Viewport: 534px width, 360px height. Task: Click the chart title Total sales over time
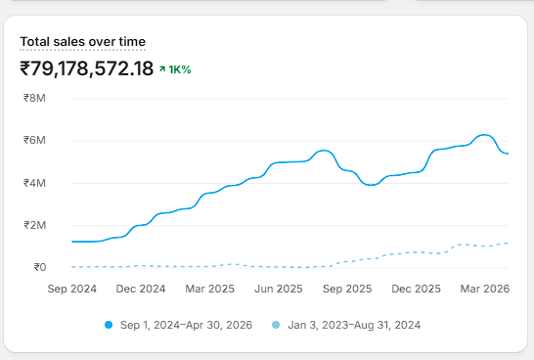83,42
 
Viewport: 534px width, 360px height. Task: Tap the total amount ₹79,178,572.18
87,68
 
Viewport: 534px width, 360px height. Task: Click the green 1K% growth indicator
175,69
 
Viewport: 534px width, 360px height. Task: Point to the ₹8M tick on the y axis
34,98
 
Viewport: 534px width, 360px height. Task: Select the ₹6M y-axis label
34,140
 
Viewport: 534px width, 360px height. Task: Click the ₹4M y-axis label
34,183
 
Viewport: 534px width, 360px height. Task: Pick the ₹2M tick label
34,225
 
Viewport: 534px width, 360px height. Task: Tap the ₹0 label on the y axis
40,267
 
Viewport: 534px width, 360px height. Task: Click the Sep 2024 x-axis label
71,289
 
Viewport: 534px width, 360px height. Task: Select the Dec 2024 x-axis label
141,289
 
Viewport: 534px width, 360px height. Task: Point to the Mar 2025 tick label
209,289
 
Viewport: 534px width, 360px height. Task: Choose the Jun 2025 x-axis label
279,289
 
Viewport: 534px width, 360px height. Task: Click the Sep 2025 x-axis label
347,289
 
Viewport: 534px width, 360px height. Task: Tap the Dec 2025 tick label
417,289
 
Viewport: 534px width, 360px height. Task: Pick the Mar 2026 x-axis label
485,289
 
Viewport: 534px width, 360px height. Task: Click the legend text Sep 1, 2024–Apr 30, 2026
186,325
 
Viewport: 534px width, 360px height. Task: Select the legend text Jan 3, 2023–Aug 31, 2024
354,325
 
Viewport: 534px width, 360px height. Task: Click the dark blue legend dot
109,325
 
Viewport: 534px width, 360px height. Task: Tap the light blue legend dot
276,325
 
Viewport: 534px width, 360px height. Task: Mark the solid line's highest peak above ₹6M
485,135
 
